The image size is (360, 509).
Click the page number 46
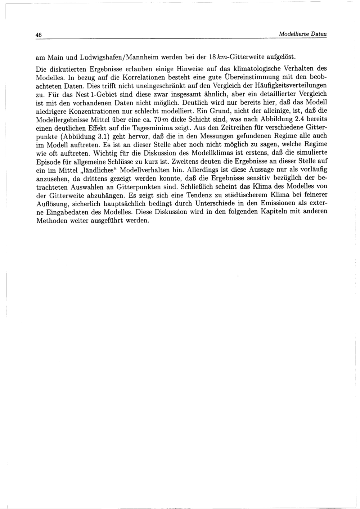39,35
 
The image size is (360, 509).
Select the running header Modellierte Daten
303,34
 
